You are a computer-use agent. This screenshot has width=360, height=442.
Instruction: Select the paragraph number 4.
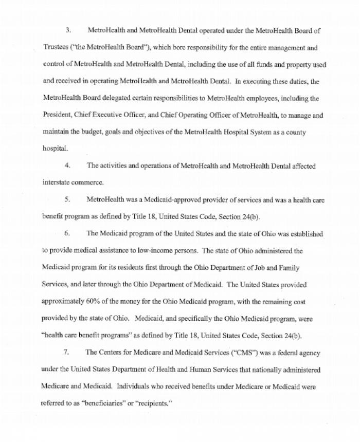(x=67, y=166)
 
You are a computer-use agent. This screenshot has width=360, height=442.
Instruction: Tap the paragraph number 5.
(x=67, y=199)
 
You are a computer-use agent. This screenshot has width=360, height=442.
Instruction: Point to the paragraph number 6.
(x=67, y=233)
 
